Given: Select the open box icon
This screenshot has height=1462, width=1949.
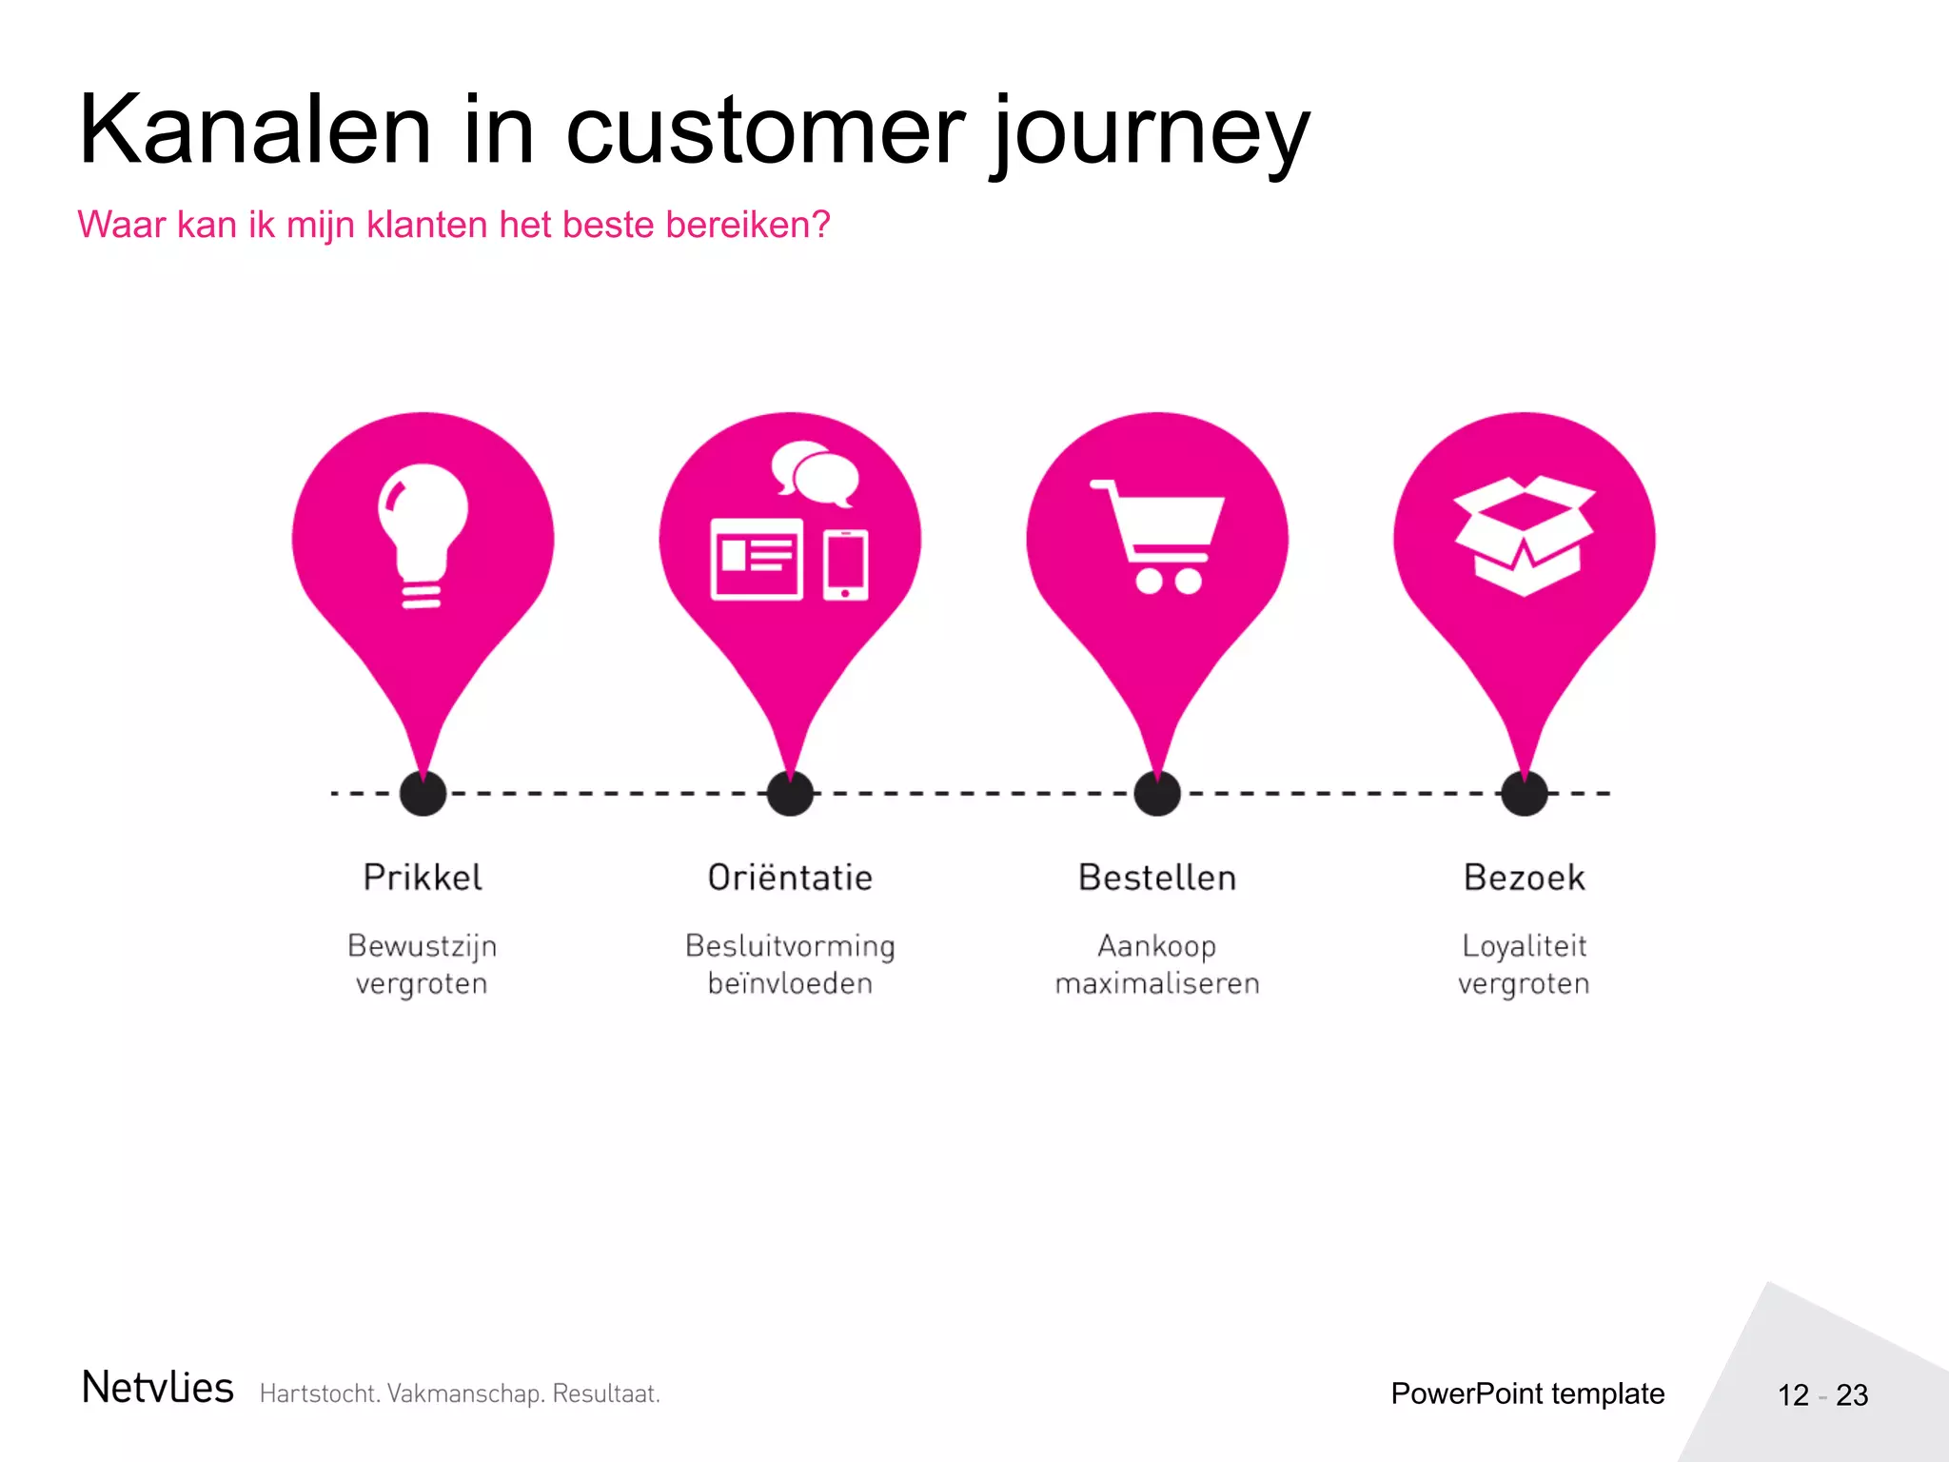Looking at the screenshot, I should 1525,536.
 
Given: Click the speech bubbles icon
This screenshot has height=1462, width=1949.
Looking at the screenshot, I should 815,472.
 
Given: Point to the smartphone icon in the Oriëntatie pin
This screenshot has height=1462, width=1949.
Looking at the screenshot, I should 845,564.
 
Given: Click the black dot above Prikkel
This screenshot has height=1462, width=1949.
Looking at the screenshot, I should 423,793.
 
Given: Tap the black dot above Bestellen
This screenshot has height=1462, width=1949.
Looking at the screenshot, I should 1157,793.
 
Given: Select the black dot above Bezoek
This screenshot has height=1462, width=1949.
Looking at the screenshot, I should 1524,793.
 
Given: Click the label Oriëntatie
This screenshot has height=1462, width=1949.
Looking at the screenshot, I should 790,878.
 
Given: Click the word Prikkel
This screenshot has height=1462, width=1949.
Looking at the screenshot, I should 423,878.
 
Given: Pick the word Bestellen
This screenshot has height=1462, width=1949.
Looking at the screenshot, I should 1157,878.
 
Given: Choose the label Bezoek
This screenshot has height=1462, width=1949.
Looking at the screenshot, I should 1524,878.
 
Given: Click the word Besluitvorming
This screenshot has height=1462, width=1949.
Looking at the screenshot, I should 790,946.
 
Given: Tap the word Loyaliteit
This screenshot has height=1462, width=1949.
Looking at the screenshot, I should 1524,946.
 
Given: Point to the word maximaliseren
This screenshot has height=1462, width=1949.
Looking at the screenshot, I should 1157,983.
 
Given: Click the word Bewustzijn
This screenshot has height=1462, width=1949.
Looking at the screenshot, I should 423,946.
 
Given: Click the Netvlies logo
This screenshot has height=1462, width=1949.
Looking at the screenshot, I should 158,1388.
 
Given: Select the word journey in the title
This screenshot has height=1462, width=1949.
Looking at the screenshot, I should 1150,133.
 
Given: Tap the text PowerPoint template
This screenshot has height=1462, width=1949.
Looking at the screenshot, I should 1527,1393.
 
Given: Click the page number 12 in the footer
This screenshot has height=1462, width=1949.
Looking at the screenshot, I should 1793,1395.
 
